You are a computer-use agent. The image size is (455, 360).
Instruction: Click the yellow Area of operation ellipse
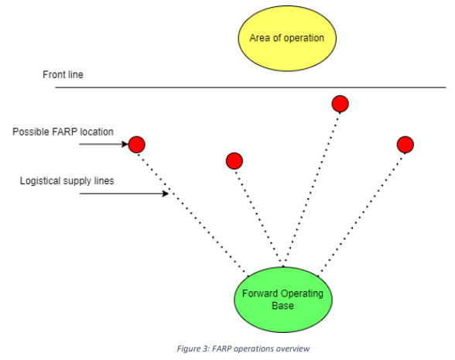coord(287,38)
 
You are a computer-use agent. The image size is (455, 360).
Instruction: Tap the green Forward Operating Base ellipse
coord(283,300)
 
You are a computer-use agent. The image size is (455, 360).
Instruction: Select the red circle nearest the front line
coord(340,104)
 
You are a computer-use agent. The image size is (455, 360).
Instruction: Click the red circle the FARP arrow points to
coord(137,144)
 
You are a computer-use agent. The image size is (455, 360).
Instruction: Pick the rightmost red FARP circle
coord(405,145)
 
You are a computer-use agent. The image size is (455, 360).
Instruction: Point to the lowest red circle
coord(234,161)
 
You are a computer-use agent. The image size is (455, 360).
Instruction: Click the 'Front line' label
coord(63,74)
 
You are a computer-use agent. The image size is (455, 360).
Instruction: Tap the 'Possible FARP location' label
coord(63,132)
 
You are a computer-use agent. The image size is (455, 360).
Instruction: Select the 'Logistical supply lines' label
coord(67,181)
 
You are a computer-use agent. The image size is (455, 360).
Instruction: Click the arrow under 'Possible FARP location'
coord(104,144)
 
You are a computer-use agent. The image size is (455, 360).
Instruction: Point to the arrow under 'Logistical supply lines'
coord(124,194)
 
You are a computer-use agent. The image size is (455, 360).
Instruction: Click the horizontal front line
coord(251,87)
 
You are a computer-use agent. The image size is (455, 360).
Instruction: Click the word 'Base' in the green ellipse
coord(283,306)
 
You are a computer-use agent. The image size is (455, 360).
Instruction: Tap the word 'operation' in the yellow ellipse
coord(304,39)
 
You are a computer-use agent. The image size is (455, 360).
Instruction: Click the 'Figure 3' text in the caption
coord(193,348)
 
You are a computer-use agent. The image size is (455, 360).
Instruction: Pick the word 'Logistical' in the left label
coord(40,181)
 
